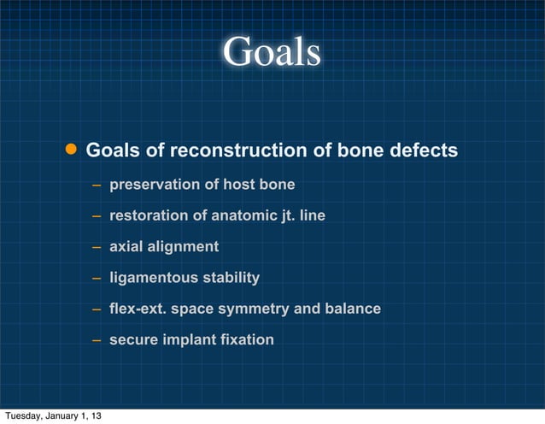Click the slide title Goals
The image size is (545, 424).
tap(272, 53)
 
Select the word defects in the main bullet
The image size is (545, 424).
tap(424, 151)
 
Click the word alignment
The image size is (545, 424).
tap(184, 247)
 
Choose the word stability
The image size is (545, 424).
tap(229, 278)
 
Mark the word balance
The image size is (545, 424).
tap(351, 309)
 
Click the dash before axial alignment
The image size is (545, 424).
tap(98, 247)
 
